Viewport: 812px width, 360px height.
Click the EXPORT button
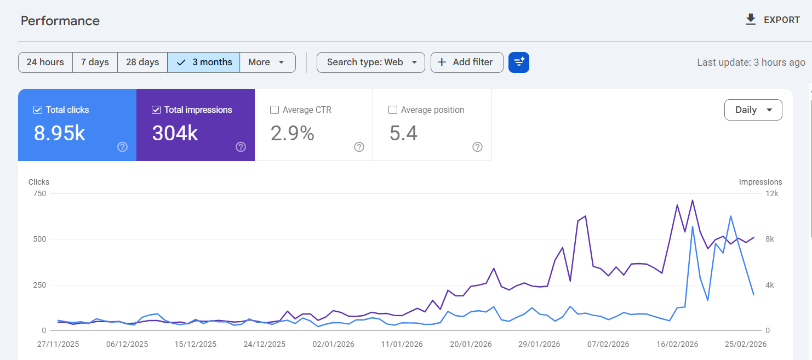[773, 20]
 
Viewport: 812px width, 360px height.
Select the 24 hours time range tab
[45, 62]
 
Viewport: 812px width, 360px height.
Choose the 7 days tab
[95, 62]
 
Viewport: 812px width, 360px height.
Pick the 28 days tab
[142, 62]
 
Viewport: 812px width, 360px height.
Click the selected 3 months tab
[204, 62]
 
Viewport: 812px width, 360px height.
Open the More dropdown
[267, 62]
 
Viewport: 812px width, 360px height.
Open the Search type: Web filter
[371, 62]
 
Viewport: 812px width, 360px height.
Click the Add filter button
[466, 62]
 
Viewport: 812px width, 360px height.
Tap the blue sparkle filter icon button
[518, 62]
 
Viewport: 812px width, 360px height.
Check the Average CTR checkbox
[275, 110]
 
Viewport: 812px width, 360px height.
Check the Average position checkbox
[393, 110]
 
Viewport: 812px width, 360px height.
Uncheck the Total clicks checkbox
[38, 110]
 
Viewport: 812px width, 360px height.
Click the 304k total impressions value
[175, 133]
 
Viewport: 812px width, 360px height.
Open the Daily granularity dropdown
[753, 110]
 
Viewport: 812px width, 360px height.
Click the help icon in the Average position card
[477, 147]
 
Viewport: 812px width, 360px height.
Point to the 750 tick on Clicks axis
[38, 193]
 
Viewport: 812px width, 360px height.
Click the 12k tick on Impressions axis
[771, 193]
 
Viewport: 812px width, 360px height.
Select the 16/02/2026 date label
[677, 344]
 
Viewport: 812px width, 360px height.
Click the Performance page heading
[60, 21]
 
